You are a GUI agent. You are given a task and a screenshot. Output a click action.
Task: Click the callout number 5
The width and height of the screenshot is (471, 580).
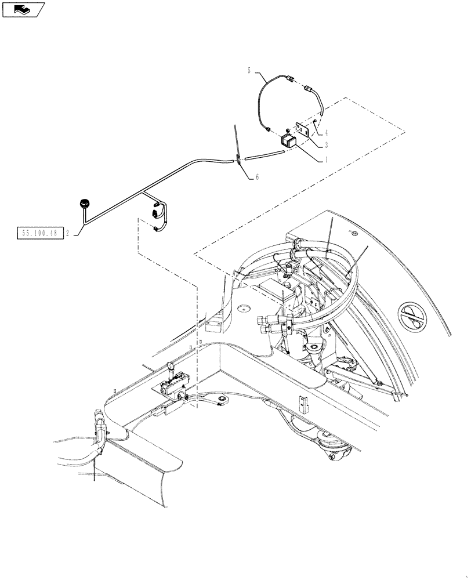point(249,71)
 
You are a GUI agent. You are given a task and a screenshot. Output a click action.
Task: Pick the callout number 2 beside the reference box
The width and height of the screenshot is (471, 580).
point(68,234)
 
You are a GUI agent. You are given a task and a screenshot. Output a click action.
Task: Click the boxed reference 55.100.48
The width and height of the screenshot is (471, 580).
point(35,234)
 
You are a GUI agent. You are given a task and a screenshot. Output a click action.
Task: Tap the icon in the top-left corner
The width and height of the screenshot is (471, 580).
point(23,9)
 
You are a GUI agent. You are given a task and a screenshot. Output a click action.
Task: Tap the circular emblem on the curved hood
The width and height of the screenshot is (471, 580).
point(414,318)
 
